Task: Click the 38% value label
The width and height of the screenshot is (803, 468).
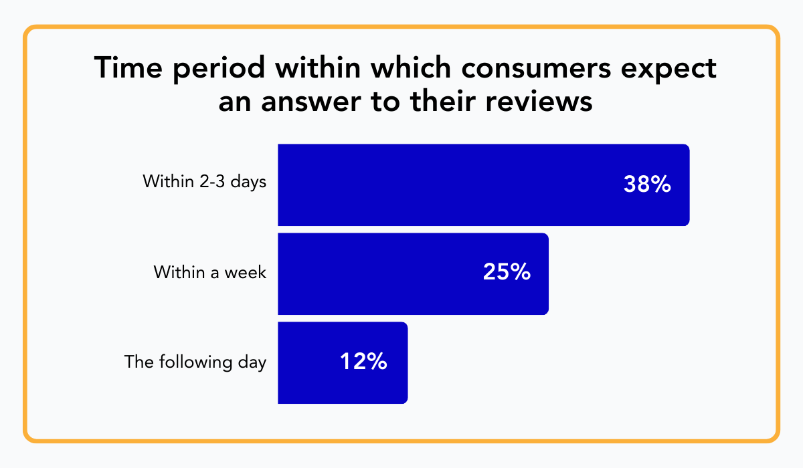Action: (x=646, y=185)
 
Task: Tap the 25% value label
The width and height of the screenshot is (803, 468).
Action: (x=507, y=273)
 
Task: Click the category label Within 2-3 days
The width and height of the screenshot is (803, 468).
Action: (x=205, y=182)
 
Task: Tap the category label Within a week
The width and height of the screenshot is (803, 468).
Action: (x=210, y=273)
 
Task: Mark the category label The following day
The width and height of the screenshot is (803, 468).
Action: (x=195, y=362)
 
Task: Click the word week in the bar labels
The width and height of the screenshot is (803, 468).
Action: (x=247, y=273)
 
